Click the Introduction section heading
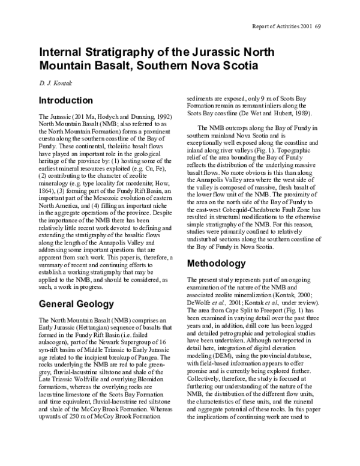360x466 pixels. click(x=65, y=100)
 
